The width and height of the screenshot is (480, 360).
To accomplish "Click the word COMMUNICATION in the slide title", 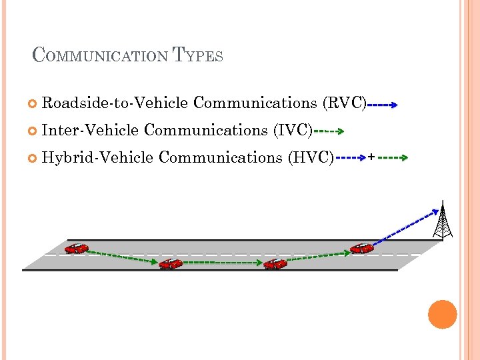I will tap(101, 55).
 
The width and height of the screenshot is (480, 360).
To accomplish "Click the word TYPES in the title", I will tap(198, 55).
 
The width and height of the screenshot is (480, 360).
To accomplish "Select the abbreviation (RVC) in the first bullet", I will tap(344, 103).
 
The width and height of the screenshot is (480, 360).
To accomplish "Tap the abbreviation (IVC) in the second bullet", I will tap(293, 130).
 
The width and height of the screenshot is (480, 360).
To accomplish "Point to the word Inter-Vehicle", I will tap(90, 130).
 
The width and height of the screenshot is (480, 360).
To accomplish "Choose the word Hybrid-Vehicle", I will tap(97, 157).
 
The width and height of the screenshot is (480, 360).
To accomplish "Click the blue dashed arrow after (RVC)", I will tap(382, 105).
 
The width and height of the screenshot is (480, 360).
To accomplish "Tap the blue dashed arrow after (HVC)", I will tap(351, 159).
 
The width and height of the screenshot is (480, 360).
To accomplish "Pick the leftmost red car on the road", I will tap(76, 248).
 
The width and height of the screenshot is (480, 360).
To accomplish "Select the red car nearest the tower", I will tap(362, 248).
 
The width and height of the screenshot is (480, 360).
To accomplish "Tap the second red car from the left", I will tap(171, 263).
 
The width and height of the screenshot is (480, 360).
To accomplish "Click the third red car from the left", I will tap(275, 263).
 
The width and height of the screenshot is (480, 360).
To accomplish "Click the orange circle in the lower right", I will tap(443, 314).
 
